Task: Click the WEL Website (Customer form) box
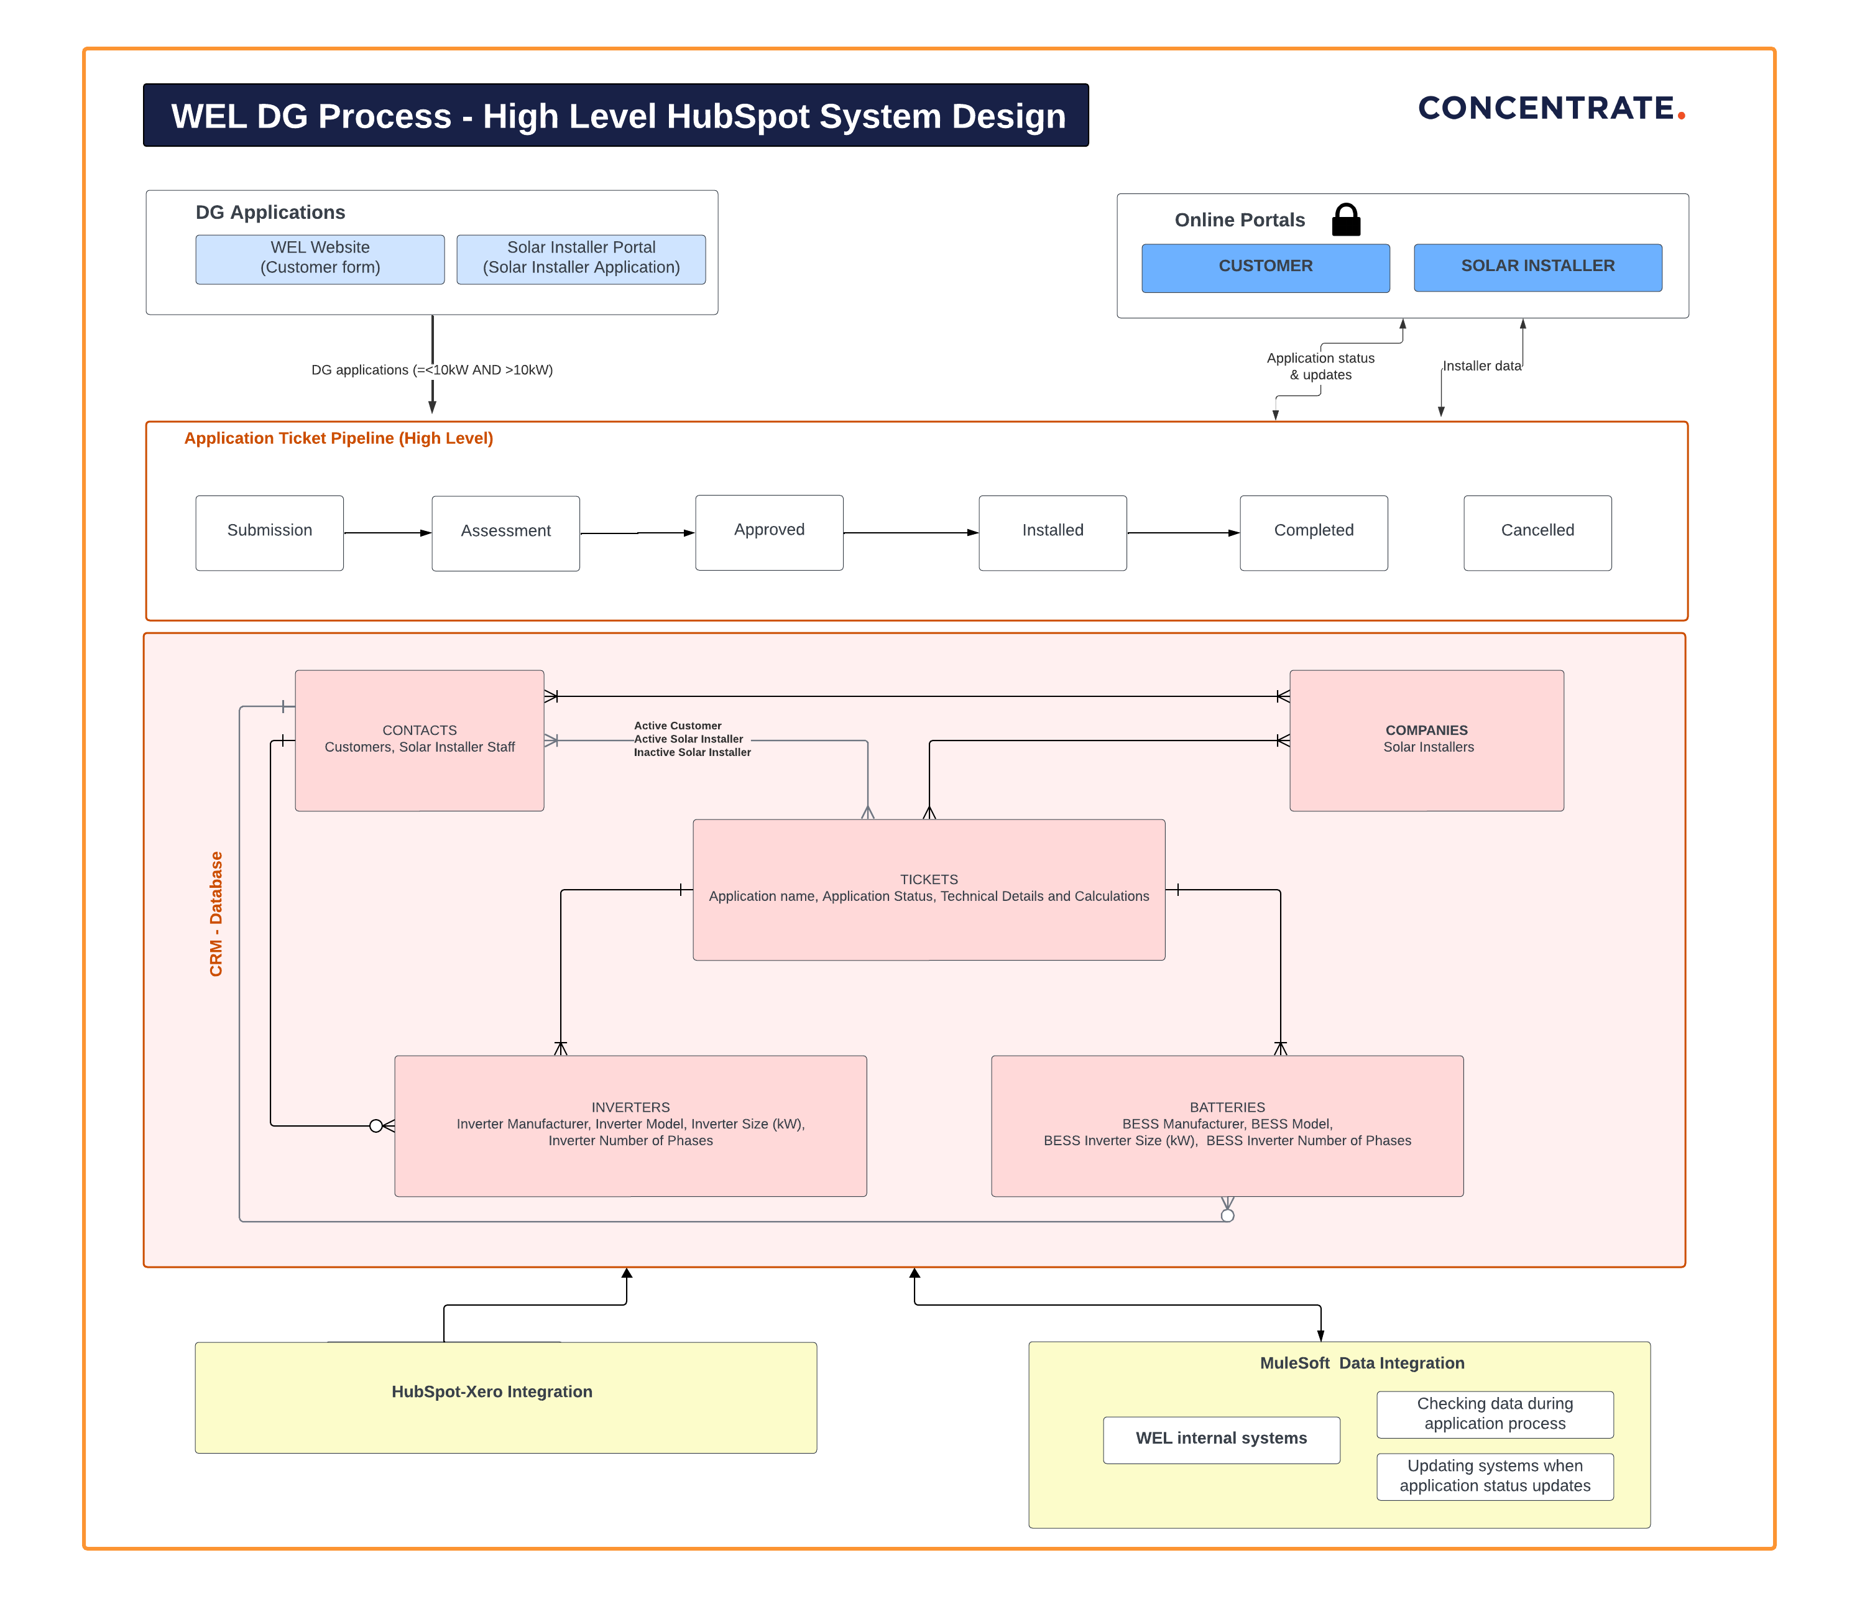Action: coord(320,259)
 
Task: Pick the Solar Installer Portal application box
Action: coord(581,259)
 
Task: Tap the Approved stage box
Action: coord(769,532)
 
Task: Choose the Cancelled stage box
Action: coord(1537,532)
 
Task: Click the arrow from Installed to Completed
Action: coord(1182,533)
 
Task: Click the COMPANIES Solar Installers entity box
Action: coord(1426,740)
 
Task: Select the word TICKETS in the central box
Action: coord(928,879)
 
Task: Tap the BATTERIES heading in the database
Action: coord(1227,1107)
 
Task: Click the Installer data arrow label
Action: coord(1481,366)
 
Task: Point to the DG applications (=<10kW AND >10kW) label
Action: coord(431,369)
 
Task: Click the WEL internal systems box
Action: coord(1221,1439)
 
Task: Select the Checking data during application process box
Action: coord(1495,1414)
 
